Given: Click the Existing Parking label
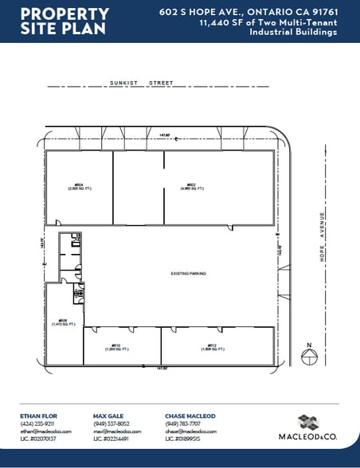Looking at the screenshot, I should (x=188, y=273).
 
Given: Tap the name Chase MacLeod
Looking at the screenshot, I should (x=190, y=416).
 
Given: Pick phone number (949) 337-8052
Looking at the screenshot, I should (x=111, y=423).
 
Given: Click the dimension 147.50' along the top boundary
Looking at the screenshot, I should (x=164, y=134).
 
